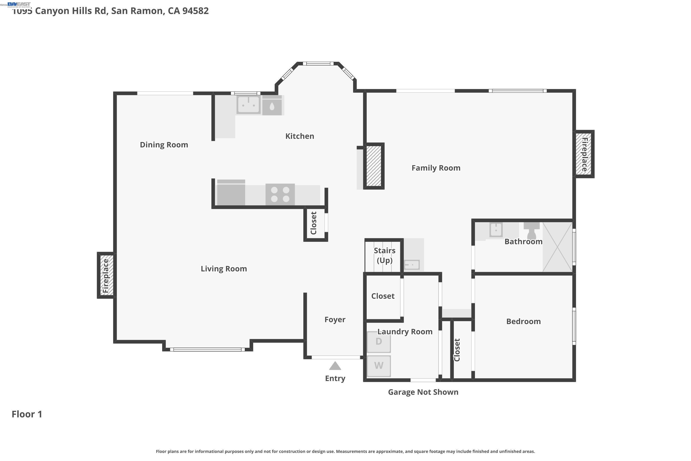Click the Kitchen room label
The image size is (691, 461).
click(299, 136)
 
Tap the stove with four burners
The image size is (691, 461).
click(280, 194)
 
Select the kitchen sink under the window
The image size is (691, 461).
click(248, 104)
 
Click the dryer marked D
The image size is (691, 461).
click(379, 342)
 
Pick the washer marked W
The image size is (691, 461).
click(379, 366)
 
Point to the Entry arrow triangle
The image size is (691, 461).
click(335, 366)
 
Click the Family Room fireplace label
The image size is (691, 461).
click(584, 154)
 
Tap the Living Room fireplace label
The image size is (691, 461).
click(106, 276)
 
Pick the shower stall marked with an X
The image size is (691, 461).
click(557, 247)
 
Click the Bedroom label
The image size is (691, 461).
click(523, 321)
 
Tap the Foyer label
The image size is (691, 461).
click(335, 319)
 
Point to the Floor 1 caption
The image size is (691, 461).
click(27, 414)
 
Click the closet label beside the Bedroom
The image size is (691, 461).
click(457, 350)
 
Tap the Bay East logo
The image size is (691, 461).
click(19, 4)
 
